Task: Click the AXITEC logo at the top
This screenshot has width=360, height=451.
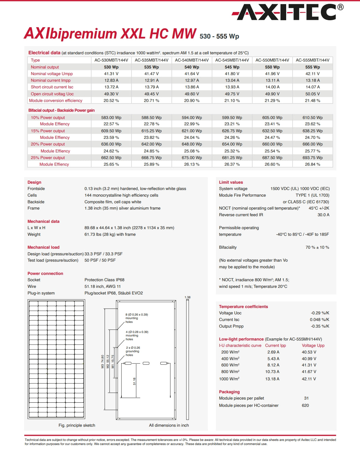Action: [x=287, y=13]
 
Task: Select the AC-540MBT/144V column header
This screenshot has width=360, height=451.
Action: [x=192, y=60]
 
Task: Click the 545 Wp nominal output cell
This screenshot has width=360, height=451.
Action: [x=232, y=67]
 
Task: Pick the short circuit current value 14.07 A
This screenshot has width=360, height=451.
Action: [x=312, y=87]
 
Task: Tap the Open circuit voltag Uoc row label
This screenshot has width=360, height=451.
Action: [x=52, y=94]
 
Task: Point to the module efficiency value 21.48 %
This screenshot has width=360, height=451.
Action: [x=312, y=100]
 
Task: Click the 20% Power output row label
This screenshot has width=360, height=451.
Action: [x=48, y=144]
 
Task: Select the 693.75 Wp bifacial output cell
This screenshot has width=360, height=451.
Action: [x=312, y=157]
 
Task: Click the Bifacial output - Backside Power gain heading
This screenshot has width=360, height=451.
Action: [x=62, y=110]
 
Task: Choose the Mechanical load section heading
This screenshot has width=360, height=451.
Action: [x=43, y=247]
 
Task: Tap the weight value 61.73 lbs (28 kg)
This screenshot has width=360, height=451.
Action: [x=110, y=234]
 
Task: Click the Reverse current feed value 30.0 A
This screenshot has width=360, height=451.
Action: [x=323, y=215]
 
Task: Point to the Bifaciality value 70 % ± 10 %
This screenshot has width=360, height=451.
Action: [x=317, y=247]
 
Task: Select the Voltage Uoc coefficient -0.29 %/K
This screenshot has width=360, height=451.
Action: [x=320, y=313]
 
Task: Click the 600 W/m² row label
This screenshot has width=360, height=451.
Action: [x=230, y=365]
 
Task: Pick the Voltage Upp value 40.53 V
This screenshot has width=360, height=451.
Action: [x=309, y=352]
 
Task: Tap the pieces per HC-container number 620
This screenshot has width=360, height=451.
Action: [x=305, y=405]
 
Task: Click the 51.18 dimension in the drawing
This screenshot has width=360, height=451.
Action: [x=134, y=381]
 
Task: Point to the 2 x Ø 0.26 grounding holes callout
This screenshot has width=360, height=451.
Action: [x=133, y=351]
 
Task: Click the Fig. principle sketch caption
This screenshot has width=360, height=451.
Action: [x=77, y=425]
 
